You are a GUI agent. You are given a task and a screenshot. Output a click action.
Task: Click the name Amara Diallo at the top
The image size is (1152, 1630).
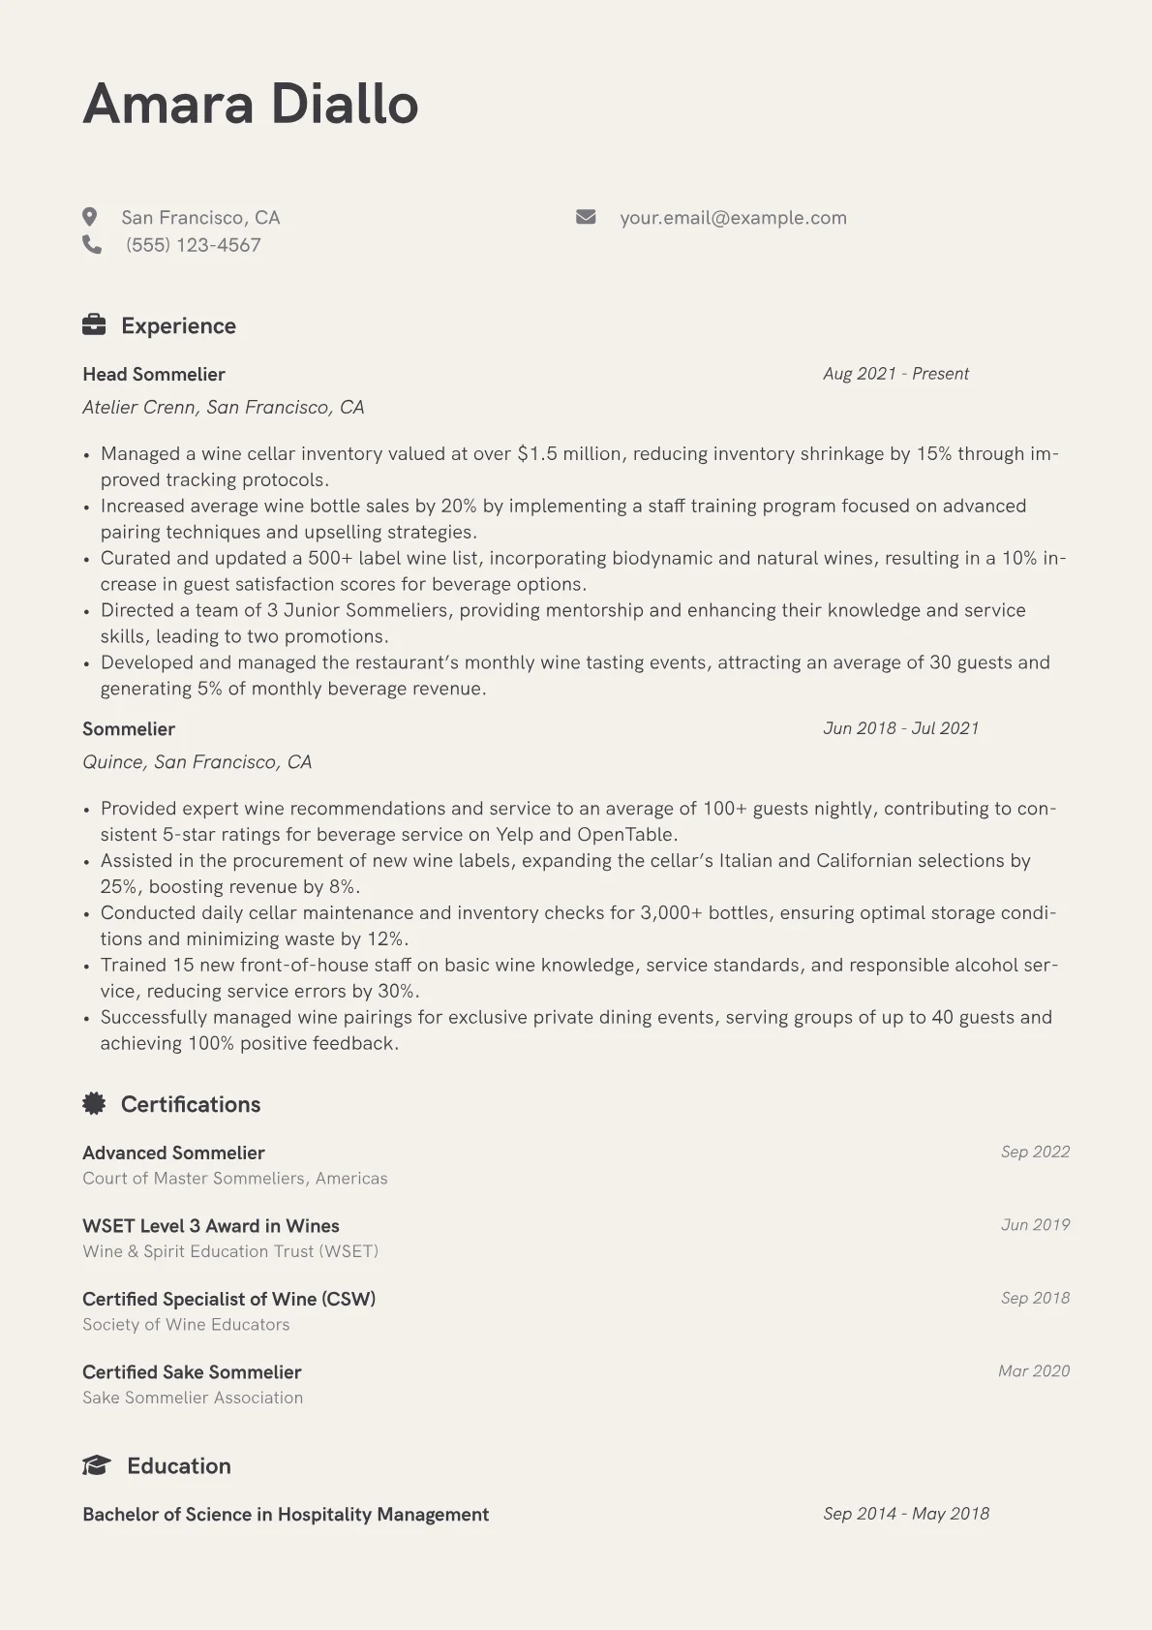(x=250, y=105)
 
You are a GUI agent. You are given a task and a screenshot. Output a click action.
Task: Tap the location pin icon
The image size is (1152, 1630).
(x=90, y=217)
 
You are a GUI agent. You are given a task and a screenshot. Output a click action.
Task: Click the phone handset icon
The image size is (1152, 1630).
(x=92, y=245)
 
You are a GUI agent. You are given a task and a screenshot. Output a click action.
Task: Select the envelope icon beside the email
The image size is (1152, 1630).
(x=586, y=217)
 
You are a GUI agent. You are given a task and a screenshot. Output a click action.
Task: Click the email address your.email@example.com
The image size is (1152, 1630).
(x=733, y=218)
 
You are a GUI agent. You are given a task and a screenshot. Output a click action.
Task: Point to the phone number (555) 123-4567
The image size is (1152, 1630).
(x=194, y=245)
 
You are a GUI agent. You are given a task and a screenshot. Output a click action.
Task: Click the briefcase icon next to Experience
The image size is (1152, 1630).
(x=94, y=325)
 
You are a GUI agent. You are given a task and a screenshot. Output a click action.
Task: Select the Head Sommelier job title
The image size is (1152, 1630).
(x=154, y=375)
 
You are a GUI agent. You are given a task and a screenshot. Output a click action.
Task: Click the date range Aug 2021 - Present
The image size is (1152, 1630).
(x=895, y=374)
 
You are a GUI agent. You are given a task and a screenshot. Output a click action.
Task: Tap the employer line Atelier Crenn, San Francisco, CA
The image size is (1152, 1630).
(x=224, y=408)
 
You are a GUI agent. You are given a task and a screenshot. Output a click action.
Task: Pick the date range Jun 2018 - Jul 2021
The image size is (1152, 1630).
(x=900, y=728)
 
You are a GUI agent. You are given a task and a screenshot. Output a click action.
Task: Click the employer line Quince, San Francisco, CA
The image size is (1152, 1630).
(x=197, y=762)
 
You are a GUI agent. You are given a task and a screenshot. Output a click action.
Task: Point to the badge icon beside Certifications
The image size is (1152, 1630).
(x=94, y=1104)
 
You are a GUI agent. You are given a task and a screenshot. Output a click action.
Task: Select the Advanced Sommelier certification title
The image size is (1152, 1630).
(x=173, y=1153)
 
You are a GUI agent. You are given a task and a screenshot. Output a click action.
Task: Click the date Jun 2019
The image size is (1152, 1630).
(x=1035, y=1225)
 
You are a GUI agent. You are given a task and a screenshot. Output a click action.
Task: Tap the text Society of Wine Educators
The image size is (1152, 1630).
(x=186, y=1325)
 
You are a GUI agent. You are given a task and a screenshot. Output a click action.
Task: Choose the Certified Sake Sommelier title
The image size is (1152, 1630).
(x=192, y=1372)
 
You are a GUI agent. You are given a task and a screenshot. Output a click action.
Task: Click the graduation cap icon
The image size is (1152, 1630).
(x=96, y=1466)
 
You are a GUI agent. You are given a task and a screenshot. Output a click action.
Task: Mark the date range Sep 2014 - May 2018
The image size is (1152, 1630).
(x=906, y=1514)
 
